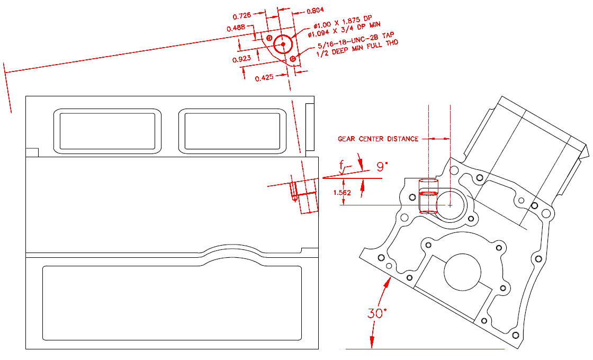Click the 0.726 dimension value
pyautogui.click(x=242, y=16)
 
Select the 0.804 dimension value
pyautogui.click(x=315, y=11)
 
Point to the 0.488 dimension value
pyautogui.click(x=236, y=29)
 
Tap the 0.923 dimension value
pyautogui.click(x=241, y=59)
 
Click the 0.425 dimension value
pyautogui.click(x=264, y=78)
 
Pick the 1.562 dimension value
pyautogui.click(x=342, y=193)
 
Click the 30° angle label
pyautogui.click(x=378, y=313)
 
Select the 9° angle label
pyautogui.click(x=382, y=166)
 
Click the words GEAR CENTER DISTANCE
pyautogui.click(x=378, y=139)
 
